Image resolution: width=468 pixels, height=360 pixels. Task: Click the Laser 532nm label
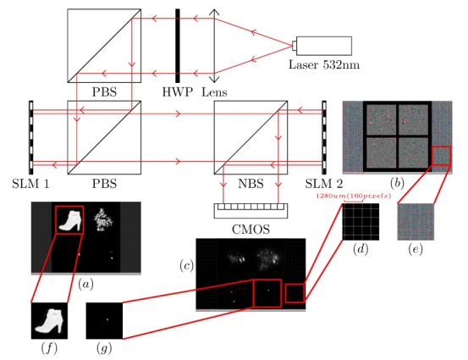324,65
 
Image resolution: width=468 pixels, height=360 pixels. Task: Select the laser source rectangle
324,46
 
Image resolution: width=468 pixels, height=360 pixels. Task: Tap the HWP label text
177,92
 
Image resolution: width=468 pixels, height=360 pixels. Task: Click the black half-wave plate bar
178,46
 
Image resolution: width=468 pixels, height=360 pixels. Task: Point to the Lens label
214,92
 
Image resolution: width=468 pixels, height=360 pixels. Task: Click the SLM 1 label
30,184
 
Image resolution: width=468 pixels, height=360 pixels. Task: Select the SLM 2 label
324,184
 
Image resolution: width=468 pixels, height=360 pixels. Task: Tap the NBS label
251,184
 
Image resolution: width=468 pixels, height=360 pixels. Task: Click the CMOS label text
251,230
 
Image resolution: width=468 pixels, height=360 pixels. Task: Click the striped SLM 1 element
31,137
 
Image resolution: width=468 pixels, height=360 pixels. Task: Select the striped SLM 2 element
324,137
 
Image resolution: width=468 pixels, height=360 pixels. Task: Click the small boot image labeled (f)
49,321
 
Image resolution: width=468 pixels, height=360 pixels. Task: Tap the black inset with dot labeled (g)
104,321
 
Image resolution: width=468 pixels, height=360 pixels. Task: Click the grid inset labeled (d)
361,222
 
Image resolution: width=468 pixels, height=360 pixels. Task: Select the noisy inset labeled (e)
416,222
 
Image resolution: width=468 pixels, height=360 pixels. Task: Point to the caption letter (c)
186,266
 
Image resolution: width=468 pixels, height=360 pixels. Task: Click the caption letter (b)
397,183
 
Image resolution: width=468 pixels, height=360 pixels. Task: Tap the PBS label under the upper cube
104,92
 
